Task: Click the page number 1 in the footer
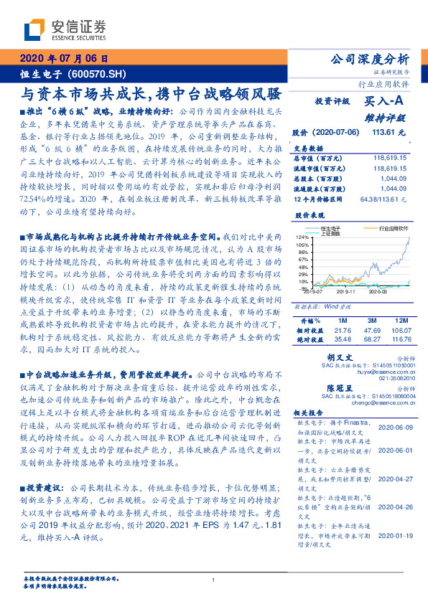(214, 580)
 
